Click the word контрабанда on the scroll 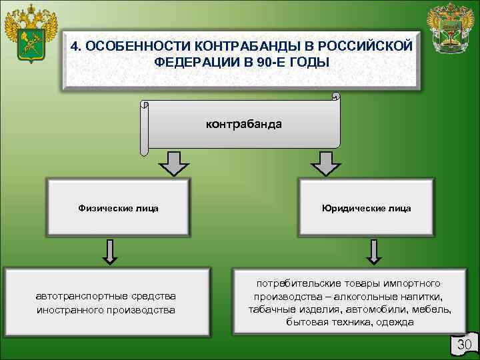pyautogui.click(x=243, y=124)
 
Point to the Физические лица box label pyautogui.click(x=119, y=208)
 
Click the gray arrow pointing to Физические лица pyautogui.click(x=174, y=162)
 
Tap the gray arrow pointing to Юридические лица pyautogui.click(x=325, y=162)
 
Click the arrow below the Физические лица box pyautogui.click(x=111, y=251)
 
